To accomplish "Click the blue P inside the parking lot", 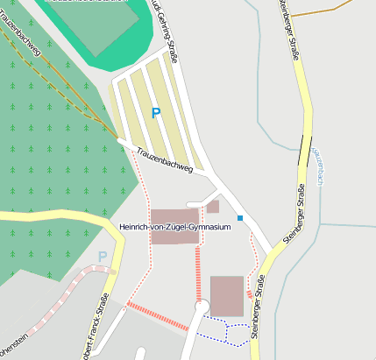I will coord(156,112).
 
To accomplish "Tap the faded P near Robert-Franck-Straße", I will coord(103,257).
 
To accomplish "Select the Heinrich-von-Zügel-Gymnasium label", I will coord(174,227).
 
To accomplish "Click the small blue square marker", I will coord(239,217).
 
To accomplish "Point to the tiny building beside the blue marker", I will coord(213,207).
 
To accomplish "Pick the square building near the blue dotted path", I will coord(227,295).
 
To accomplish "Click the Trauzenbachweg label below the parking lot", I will coord(164,160).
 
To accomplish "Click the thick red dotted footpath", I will coord(158,315).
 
